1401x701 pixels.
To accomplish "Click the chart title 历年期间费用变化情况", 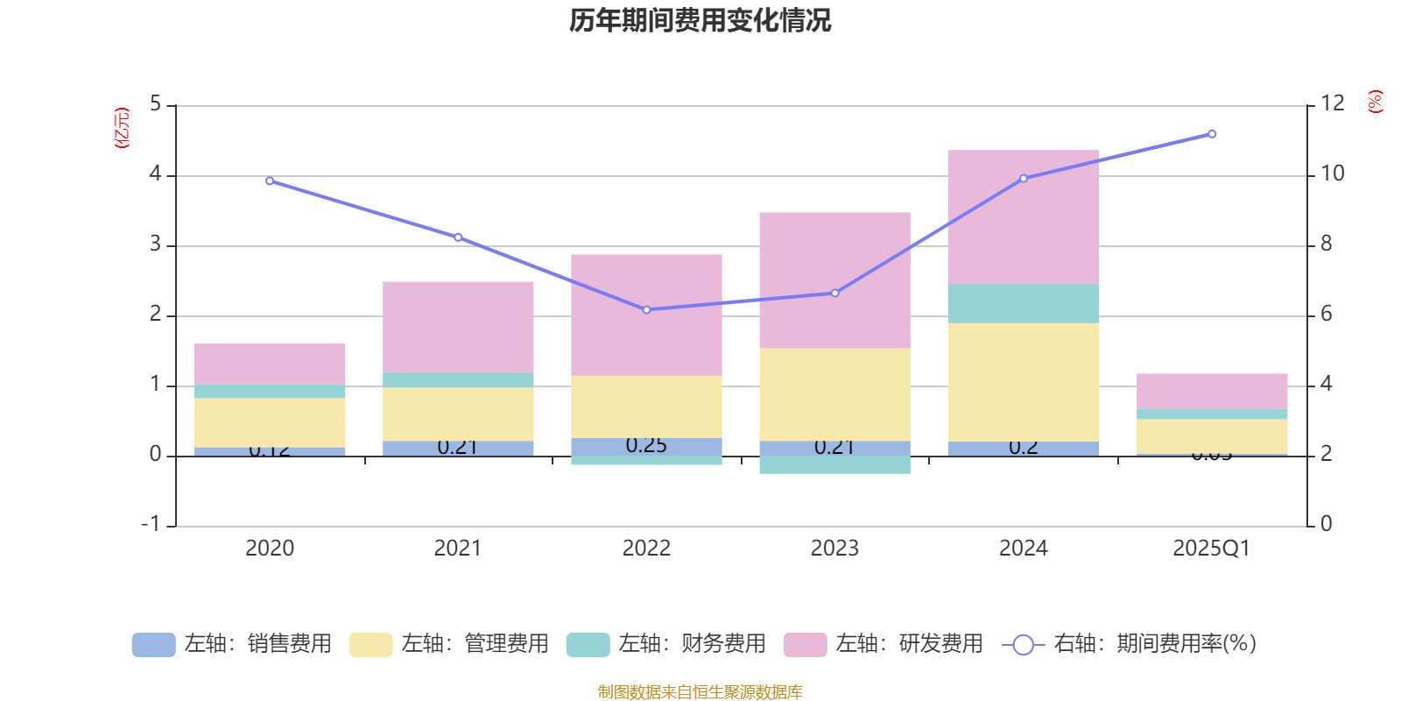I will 700,20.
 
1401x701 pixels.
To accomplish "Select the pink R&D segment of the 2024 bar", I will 1023,216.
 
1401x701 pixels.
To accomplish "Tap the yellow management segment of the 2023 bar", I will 834,394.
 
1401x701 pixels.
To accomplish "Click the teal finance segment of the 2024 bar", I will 1023,303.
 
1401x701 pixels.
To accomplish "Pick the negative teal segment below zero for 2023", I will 834,464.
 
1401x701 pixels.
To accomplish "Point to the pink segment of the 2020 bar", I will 269,364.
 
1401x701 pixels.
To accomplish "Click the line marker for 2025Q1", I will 1212,134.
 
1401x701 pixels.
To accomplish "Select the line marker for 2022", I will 646,309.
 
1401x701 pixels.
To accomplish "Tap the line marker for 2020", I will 269,181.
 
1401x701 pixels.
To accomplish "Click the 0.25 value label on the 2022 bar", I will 646,446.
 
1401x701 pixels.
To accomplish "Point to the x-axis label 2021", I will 457,549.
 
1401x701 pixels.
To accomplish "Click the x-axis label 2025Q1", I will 1211,549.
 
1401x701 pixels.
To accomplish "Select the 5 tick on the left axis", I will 156,104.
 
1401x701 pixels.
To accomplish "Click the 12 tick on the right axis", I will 1332,104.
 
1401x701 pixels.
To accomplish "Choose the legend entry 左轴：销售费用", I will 233,644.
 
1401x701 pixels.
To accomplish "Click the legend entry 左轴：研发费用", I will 884,644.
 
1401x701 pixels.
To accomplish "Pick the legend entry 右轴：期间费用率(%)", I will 1130,644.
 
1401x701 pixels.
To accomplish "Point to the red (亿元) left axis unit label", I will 122,128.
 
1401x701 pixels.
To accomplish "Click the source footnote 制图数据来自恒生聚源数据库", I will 700,692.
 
